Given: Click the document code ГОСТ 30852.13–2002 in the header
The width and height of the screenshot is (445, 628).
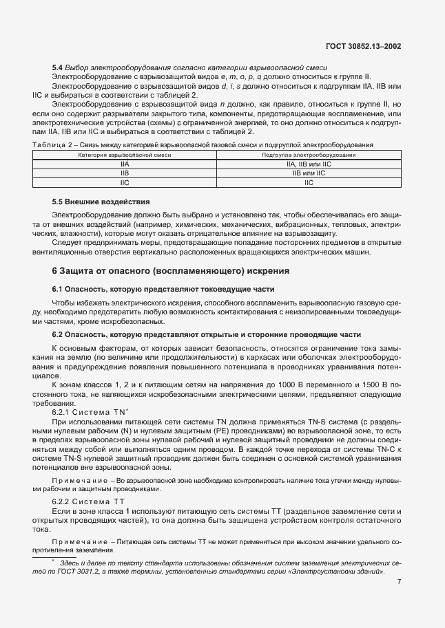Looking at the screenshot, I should point(363,46).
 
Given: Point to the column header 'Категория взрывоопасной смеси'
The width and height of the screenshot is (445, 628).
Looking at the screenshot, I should point(124,156).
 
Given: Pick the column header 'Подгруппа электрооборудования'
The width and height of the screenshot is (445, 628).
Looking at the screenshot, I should point(308,156).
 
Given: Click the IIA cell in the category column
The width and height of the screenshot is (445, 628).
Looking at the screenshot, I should point(124,165).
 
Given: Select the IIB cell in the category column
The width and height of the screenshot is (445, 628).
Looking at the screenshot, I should point(124,174).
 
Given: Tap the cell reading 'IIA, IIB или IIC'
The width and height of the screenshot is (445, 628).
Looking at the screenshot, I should point(308,165).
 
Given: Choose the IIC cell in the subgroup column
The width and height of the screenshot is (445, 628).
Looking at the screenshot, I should point(308,183).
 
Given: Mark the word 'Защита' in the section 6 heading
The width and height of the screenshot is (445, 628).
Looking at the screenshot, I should point(80,270).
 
